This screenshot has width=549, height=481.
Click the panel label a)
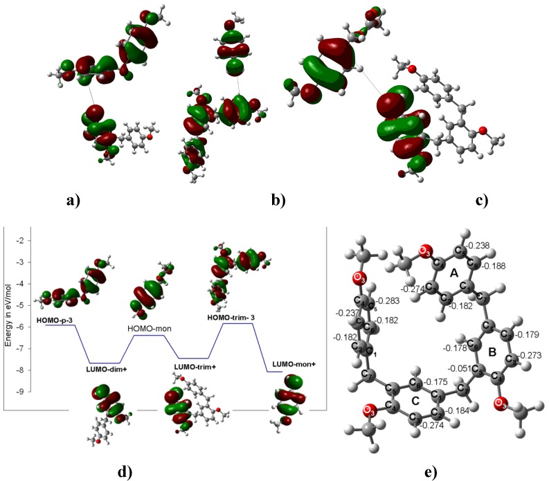(72, 201)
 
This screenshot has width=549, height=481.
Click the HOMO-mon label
(149, 329)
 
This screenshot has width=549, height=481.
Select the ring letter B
(492, 352)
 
